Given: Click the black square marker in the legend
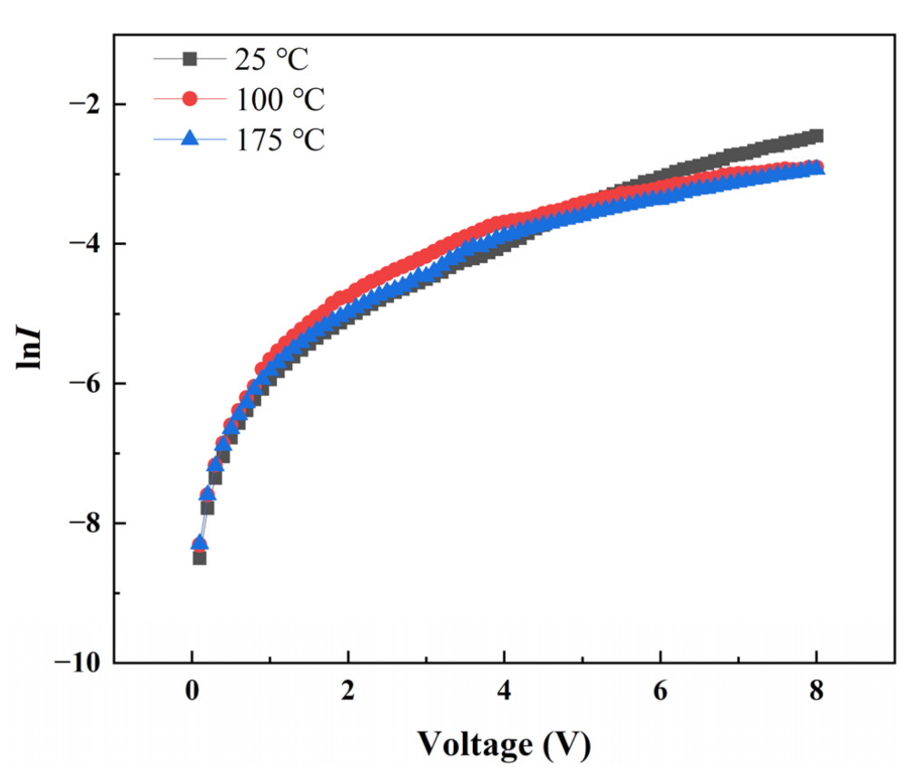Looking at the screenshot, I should tap(190, 60).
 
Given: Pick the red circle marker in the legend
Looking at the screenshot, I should tap(190, 98).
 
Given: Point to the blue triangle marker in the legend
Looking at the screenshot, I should tap(190, 138).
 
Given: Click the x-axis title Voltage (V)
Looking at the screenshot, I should tap(504, 744).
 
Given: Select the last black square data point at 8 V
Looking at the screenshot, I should tap(817, 136).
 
